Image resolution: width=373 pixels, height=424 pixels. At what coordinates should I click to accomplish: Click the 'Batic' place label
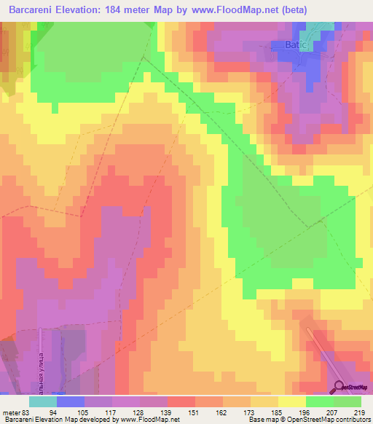click(297, 45)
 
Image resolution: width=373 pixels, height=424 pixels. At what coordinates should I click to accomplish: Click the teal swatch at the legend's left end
click(43, 401)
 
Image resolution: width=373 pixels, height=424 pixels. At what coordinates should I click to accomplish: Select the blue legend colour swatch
click(71, 401)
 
